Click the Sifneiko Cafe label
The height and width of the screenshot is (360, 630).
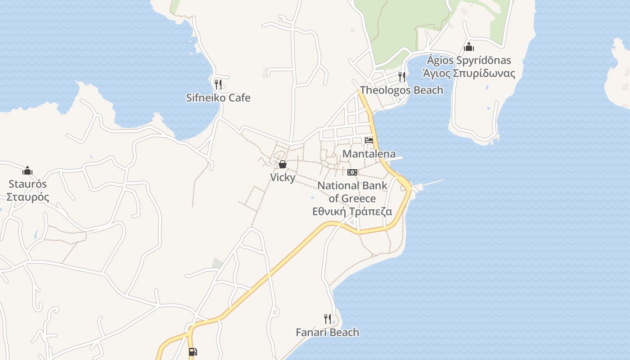[x=218, y=98]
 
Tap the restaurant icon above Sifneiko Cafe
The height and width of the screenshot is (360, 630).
[x=218, y=84]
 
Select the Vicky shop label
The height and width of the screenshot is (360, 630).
[x=283, y=177]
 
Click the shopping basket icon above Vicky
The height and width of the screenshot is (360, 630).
[x=283, y=164]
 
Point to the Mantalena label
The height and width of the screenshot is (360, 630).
[x=369, y=153]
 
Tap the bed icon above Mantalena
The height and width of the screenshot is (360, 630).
[x=369, y=140]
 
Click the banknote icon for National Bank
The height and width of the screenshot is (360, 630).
[x=352, y=172]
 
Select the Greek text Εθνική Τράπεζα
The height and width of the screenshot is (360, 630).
[x=352, y=211]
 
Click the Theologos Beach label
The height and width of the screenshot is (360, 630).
[x=401, y=90]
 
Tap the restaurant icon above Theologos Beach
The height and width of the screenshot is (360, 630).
[x=401, y=77]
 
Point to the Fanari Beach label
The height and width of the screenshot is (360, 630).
[x=328, y=333]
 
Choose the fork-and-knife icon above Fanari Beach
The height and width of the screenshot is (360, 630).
[x=328, y=319]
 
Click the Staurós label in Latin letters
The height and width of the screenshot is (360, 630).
[x=27, y=184]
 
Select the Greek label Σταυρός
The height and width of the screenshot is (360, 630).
[x=27, y=197]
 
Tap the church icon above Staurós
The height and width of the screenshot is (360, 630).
[x=27, y=171]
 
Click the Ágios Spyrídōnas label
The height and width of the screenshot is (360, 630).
[x=469, y=60]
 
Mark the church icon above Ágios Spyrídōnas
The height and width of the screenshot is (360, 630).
[x=469, y=47]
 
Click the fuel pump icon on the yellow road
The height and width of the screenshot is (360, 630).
[x=193, y=352]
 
